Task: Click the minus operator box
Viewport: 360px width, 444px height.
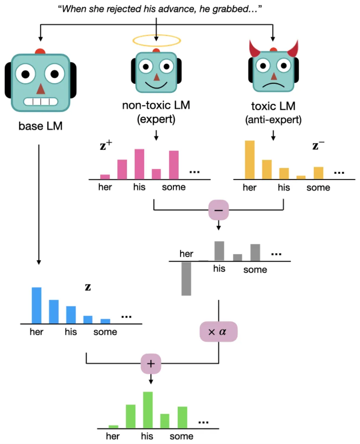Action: click(219, 209)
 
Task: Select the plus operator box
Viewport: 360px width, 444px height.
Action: click(151, 363)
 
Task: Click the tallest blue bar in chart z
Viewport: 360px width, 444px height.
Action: click(37, 305)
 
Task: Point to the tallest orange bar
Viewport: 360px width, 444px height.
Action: click(250, 160)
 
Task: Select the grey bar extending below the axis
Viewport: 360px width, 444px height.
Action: click(186, 279)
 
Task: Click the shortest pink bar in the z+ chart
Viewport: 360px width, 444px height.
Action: click(105, 177)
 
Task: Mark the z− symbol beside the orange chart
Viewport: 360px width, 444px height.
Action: click(318, 146)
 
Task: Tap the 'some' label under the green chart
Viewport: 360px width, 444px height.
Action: click(181, 436)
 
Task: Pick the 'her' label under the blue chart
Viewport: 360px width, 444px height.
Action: click(36, 332)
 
